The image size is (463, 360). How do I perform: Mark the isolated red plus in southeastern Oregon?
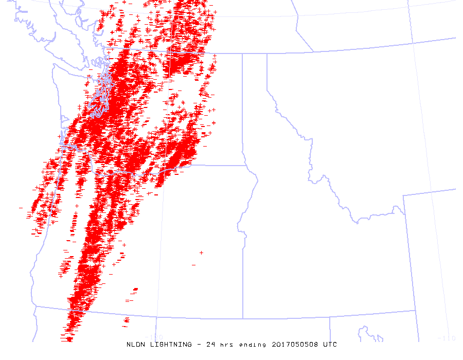coord(201,253)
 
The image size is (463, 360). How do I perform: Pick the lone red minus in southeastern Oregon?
coord(193,265)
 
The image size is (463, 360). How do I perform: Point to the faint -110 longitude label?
coord(445,338)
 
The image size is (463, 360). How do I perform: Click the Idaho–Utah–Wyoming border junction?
coord(415,311)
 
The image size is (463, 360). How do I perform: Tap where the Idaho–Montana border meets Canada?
coord(266,54)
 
